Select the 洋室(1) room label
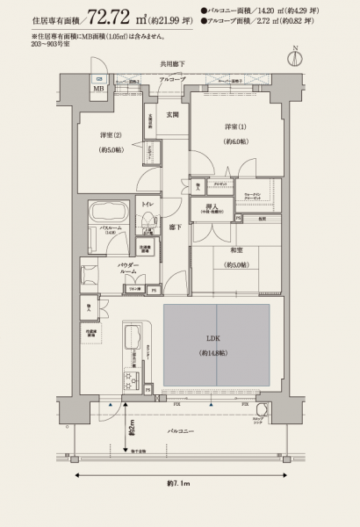tap(232, 133)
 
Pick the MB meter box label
tap(98, 89)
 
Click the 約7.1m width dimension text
tap(179, 484)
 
